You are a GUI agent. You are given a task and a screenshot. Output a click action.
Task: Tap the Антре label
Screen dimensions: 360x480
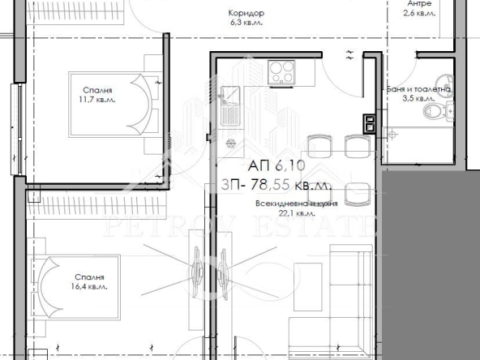pyautogui.click(x=419, y=3)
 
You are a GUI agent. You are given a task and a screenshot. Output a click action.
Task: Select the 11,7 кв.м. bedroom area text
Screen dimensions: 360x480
pyautogui.click(x=97, y=100)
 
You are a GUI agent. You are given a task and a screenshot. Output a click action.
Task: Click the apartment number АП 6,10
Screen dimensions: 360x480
pyautogui.click(x=267, y=165)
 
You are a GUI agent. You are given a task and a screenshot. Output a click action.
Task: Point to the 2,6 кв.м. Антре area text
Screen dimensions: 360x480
pyautogui.click(x=419, y=14)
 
